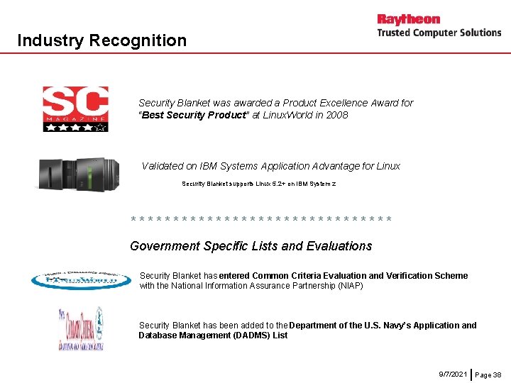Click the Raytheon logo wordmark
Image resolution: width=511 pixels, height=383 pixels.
point(408,19)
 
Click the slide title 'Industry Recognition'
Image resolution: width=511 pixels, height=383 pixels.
point(101,40)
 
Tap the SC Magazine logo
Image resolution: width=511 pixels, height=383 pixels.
point(75,109)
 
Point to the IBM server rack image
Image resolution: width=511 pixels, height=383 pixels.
point(80,174)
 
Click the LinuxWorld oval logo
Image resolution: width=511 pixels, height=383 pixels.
point(81,281)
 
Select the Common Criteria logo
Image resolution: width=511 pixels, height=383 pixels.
point(79,328)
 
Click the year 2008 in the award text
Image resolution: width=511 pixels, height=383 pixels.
point(337,115)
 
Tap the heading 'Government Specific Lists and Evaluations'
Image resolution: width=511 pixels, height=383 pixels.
point(251,246)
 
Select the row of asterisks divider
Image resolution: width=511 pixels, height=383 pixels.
point(261,220)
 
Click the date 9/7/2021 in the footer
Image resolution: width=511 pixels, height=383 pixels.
point(453,373)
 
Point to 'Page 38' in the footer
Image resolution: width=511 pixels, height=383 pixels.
point(488,374)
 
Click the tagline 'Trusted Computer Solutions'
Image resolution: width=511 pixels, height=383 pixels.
point(439,33)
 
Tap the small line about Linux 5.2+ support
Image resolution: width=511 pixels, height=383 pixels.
point(258,184)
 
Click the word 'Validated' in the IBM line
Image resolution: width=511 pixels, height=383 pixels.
point(163,166)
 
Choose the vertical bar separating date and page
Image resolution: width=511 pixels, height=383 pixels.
point(472,373)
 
